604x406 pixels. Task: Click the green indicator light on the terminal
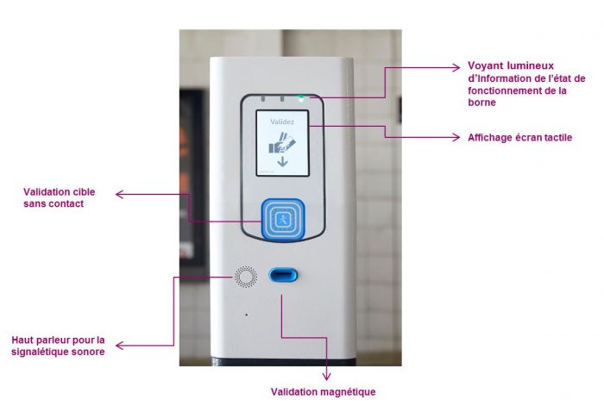click(x=301, y=99)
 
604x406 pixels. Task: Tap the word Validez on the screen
click(x=282, y=122)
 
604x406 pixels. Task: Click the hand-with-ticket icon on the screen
click(x=282, y=143)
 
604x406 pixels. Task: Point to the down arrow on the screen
click(x=282, y=161)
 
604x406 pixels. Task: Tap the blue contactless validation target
click(x=283, y=219)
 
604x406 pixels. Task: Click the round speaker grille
click(x=246, y=277)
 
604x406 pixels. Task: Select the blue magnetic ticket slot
click(x=283, y=275)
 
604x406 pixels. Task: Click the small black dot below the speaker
click(x=247, y=315)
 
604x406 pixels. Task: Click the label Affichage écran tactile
click(x=519, y=138)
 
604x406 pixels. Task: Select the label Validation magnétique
click(x=323, y=391)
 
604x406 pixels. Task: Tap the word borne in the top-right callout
click(x=481, y=103)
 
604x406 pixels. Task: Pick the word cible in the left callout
click(x=84, y=191)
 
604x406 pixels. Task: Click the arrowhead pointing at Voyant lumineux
click(x=456, y=68)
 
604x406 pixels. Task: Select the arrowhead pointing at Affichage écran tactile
click(x=456, y=137)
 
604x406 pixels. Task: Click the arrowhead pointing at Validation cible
click(x=120, y=194)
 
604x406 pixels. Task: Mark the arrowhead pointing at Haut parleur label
click(x=120, y=346)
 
